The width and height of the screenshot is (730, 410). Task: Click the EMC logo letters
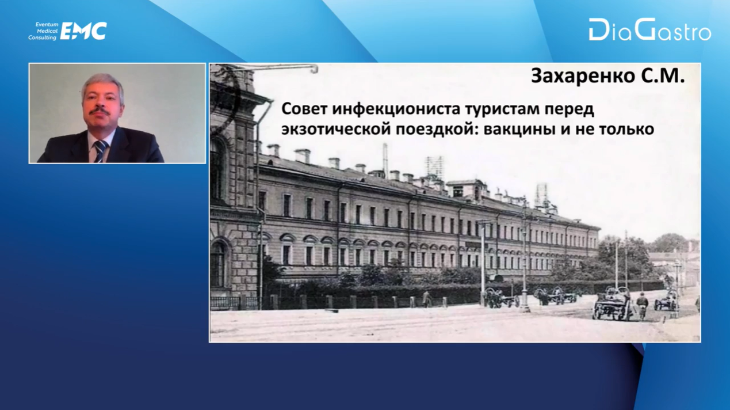pyautogui.click(x=84, y=31)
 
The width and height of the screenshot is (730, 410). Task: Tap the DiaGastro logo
pyautogui.click(x=650, y=30)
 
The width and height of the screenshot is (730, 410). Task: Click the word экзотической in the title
pyautogui.click(x=337, y=129)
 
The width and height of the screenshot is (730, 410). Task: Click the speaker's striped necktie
pyautogui.click(x=101, y=151)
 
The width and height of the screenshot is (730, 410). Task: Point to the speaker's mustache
pyautogui.click(x=100, y=112)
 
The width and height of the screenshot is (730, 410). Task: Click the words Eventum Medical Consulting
pyautogui.click(x=43, y=31)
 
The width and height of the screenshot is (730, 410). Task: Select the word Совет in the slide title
pyautogui.click(x=305, y=109)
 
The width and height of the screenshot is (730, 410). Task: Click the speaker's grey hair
pyautogui.click(x=102, y=82)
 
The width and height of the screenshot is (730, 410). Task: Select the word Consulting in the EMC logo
pyautogui.click(x=43, y=38)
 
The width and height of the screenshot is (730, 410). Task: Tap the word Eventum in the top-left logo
pyautogui.click(x=47, y=24)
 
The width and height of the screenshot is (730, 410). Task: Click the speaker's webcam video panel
pyautogui.click(x=117, y=113)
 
